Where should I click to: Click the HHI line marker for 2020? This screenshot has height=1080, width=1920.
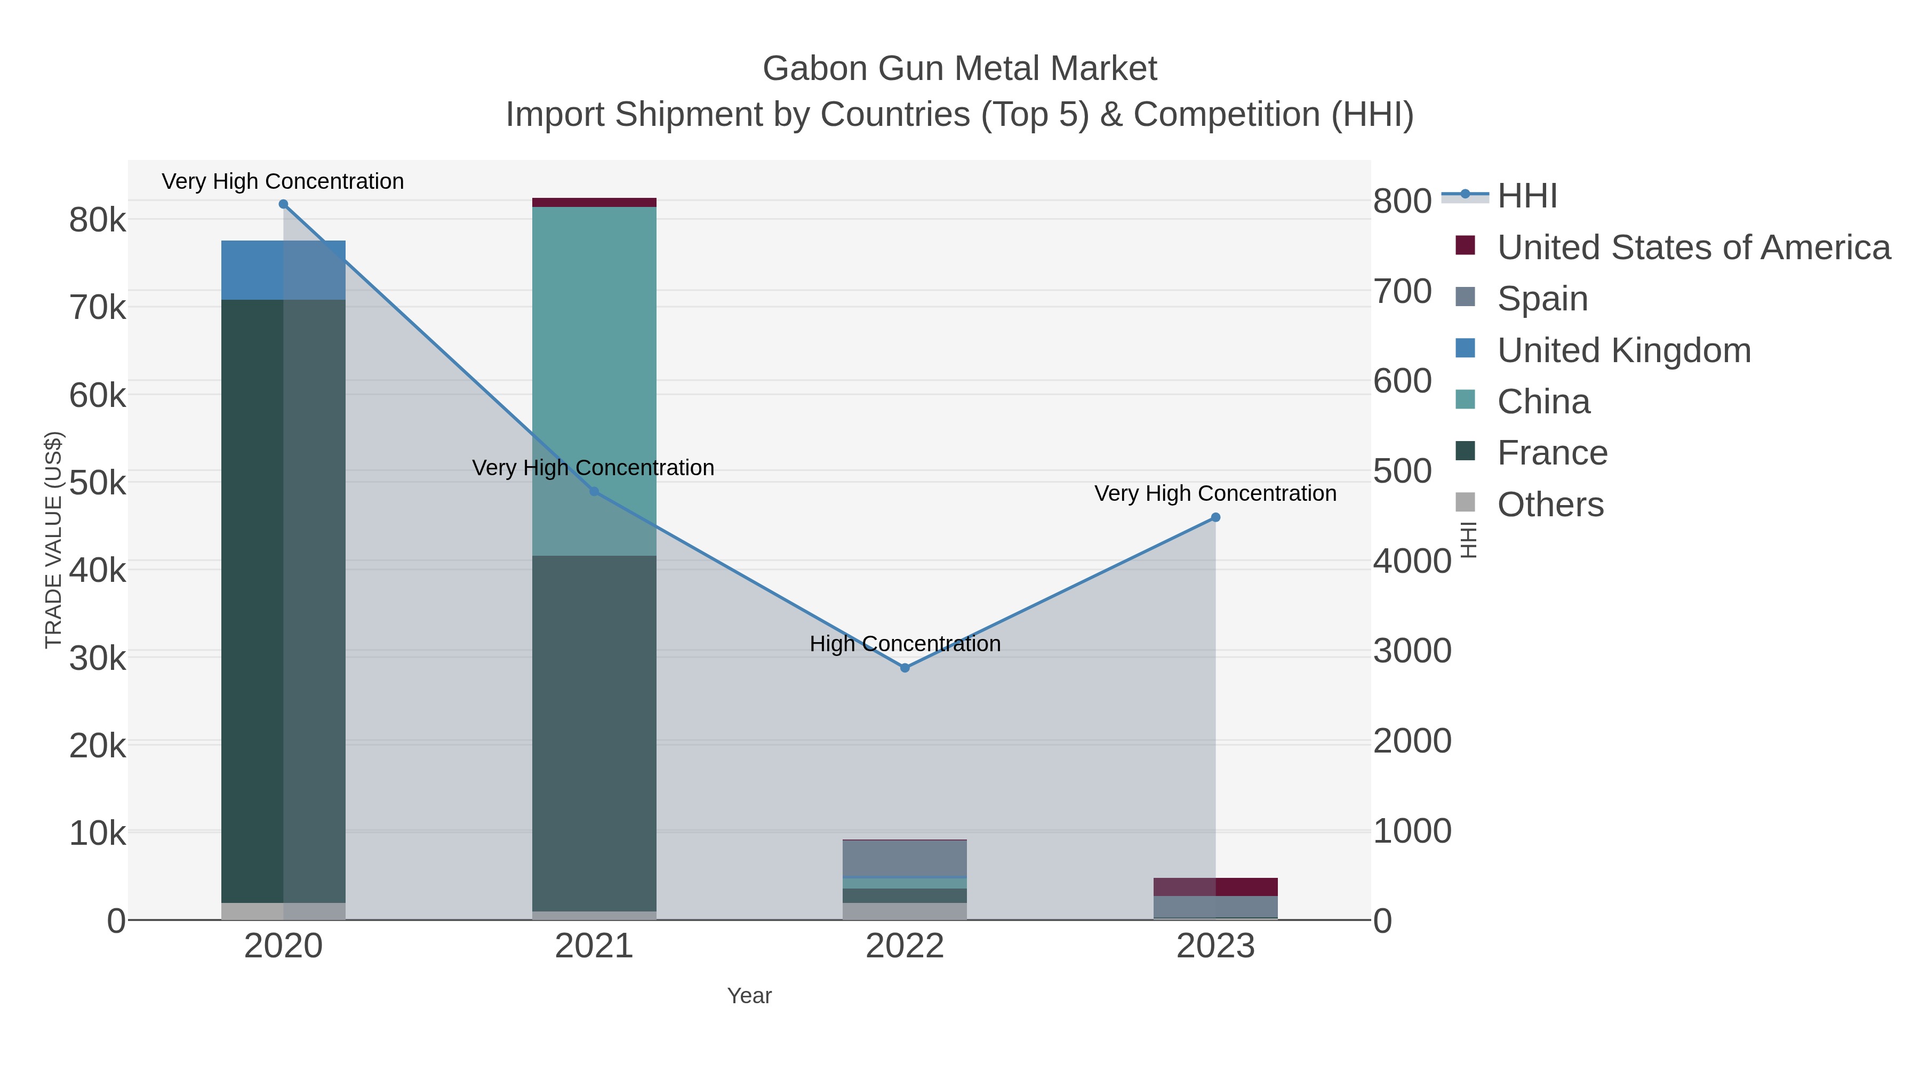coord(283,204)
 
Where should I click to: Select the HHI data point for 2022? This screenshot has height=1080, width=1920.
coord(905,668)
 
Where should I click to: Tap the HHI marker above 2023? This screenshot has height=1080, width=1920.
coord(1215,517)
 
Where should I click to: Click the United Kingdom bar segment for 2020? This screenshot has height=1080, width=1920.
coord(283,270)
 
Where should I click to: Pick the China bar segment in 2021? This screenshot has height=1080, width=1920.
coord(594,380)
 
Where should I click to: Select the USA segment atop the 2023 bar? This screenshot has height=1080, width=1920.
coord(1215,887)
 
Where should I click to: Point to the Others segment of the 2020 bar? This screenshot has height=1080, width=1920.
coord(283,911)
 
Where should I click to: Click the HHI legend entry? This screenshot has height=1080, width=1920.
coord(1526,196)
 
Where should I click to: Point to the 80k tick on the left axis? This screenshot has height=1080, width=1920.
coord(98,221)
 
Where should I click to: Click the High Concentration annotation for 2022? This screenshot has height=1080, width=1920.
coord(905,644)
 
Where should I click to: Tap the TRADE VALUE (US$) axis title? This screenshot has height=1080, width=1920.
coord(54,540)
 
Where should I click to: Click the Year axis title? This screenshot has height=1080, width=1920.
coord(749,996)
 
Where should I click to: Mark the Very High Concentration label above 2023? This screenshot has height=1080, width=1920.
coord(1215,493)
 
